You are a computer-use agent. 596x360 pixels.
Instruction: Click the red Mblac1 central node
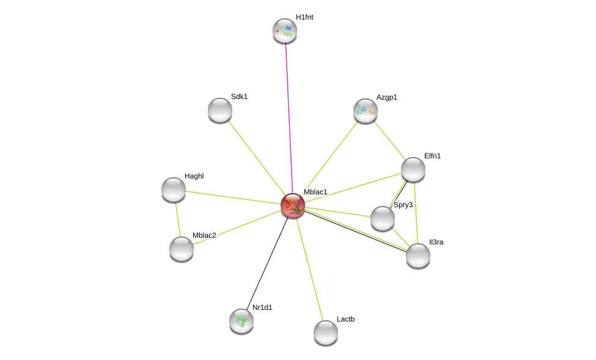click(x=293, y=205)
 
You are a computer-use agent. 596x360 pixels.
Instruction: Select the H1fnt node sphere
click(x=285, y=31)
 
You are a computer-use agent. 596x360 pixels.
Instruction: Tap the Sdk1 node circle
click(x=220, y=110)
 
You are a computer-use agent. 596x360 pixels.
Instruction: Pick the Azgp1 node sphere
click(x=366, y=111)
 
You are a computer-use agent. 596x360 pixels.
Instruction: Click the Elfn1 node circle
click(x=413, y=169)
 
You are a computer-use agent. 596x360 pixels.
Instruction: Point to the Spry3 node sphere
click(x=383, y=218)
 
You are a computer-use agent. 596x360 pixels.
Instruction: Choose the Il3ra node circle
click(x=418, y=255)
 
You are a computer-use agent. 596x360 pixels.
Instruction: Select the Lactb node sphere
click(x=326, y=332)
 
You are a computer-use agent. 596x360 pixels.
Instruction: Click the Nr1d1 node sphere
click(x=241, y=321)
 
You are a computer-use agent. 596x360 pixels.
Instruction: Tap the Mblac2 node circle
click(x=182, y=249)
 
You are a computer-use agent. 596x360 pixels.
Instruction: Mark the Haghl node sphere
click(x=174, y=189)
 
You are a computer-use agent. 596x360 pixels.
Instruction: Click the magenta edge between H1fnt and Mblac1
click(x=289, y=116)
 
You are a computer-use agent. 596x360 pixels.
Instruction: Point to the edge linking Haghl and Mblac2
click(x=178, y=219)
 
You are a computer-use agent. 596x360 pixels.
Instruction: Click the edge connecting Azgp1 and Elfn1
click(x=389, y=140)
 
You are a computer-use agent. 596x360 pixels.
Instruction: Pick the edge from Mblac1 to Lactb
click(x=309, y=269)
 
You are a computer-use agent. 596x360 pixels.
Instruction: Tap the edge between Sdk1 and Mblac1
click(x=257, y=158)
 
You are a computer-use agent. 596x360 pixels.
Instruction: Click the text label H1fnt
click(x=304, y=17)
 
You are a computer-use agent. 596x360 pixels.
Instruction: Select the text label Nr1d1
click(x=262, y=307)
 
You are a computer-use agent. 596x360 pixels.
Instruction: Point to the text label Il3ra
click(x=436, y=242)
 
